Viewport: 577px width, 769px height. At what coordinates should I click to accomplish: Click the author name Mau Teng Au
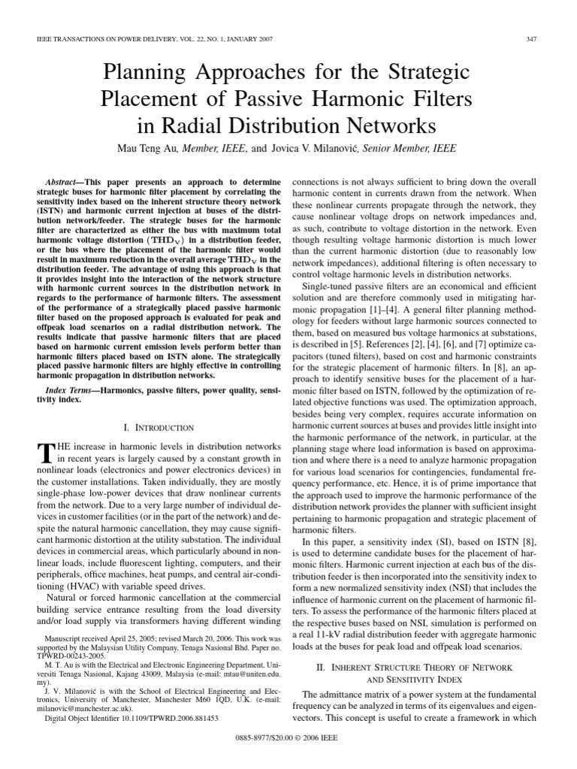[x=154, y=149]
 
